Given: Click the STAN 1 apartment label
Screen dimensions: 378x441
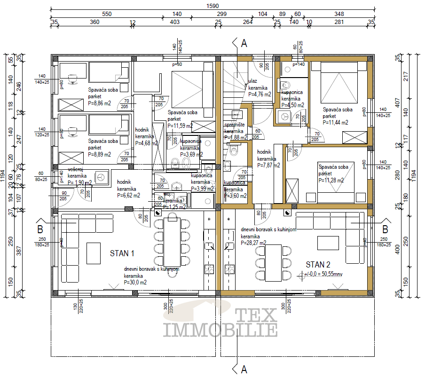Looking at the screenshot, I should [x=122, y=253].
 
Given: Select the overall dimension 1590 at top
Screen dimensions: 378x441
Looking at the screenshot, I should [x=213, y=6].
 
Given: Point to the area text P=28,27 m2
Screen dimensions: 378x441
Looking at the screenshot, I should [x=253, y=243].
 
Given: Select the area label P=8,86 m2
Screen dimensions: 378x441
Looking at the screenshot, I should [x=100, y=103].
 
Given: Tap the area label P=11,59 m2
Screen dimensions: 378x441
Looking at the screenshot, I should [x=180, y=126].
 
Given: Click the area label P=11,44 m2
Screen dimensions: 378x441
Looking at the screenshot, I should [x=336, y=122].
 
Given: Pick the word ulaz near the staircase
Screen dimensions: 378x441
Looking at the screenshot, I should [x=253, y=81].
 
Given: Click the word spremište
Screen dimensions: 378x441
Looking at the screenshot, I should [x=234, y=125].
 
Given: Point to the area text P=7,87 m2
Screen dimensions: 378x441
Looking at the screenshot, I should [x=268, y=165].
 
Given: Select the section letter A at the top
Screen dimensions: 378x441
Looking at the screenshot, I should [x=244, y=44].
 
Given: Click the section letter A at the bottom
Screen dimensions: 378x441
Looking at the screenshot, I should [x=244, y=370].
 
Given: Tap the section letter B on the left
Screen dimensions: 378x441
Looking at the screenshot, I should [x=40, y=229].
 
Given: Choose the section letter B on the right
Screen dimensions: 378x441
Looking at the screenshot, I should [x=385, y=229].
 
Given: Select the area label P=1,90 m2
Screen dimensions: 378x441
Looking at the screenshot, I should [x=79, y=183].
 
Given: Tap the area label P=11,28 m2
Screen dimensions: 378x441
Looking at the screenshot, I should [x=331, y=180].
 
